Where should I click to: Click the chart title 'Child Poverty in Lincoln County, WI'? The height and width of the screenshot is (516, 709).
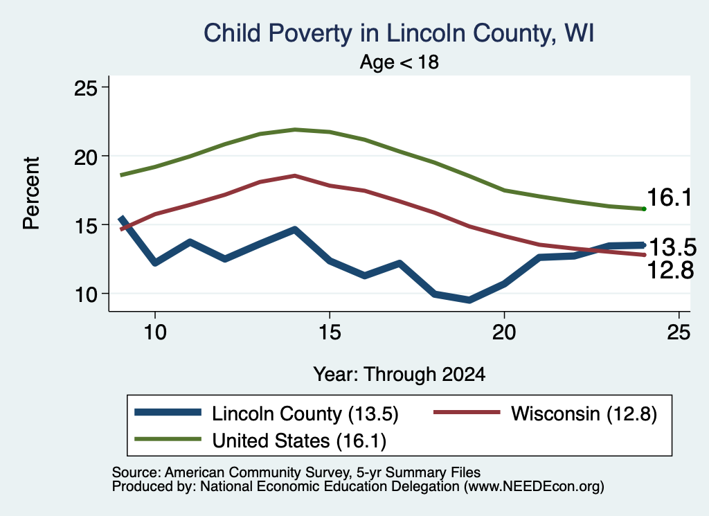399,33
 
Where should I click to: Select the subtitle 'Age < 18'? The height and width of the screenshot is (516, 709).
400,62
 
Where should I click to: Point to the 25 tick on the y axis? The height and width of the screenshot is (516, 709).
85,87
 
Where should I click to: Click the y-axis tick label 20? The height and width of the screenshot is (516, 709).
85,157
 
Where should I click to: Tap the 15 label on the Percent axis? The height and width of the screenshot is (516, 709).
85,225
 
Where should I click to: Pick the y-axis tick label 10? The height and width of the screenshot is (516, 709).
85,294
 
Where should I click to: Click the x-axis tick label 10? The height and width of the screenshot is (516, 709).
155,332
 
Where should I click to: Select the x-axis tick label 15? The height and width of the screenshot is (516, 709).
330,332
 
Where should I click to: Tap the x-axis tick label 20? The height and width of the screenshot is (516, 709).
504,332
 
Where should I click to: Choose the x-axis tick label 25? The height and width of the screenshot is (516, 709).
679,332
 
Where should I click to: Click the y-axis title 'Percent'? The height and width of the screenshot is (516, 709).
32,193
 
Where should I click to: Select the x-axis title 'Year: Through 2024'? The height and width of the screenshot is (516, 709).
400,375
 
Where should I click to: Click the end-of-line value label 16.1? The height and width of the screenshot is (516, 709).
670,197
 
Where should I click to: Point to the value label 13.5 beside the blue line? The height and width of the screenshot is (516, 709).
672,247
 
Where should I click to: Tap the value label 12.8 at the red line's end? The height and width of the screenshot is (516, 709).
670,270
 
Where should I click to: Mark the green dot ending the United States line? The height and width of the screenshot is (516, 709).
644,209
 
